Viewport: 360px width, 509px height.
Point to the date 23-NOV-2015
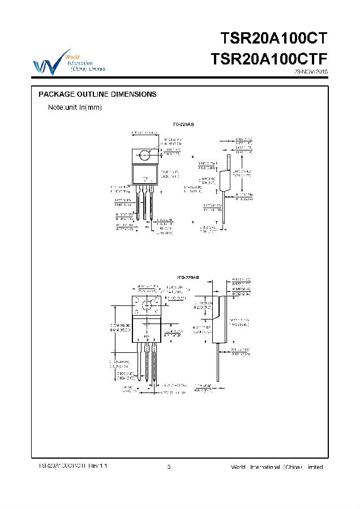coord(311,72)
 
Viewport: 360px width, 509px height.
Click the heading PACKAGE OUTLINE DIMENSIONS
coord(97,94)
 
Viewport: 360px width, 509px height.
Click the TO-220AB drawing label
coord(183,124)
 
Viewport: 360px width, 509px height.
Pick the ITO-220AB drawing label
coord(188,278)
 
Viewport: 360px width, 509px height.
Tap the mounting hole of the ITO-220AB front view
coord(147,306)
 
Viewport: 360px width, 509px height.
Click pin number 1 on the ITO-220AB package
coord(139,339)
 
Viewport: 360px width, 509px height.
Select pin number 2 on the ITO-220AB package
coord(147,339)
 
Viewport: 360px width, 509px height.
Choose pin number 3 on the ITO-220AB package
coord(155,339)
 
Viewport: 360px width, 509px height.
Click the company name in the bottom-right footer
coord(277,467)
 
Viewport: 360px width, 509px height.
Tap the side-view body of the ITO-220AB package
coord(220,322)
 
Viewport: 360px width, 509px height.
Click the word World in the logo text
coord(72,57)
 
